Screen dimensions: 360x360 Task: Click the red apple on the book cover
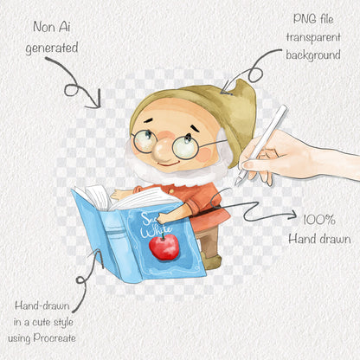164,247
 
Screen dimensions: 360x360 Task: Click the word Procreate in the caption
55,337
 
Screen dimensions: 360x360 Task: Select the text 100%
319,220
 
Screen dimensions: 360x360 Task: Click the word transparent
313,37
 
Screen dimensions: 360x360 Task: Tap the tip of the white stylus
235,184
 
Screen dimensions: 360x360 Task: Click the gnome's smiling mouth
169,164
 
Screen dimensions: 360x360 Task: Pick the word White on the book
156,231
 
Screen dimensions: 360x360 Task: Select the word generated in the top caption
52,48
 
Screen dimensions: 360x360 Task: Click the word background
313,55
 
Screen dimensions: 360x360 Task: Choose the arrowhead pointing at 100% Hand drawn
292,215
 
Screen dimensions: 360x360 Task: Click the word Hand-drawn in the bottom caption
42,305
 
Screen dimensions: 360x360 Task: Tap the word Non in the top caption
43,27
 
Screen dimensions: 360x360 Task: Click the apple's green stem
163,236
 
